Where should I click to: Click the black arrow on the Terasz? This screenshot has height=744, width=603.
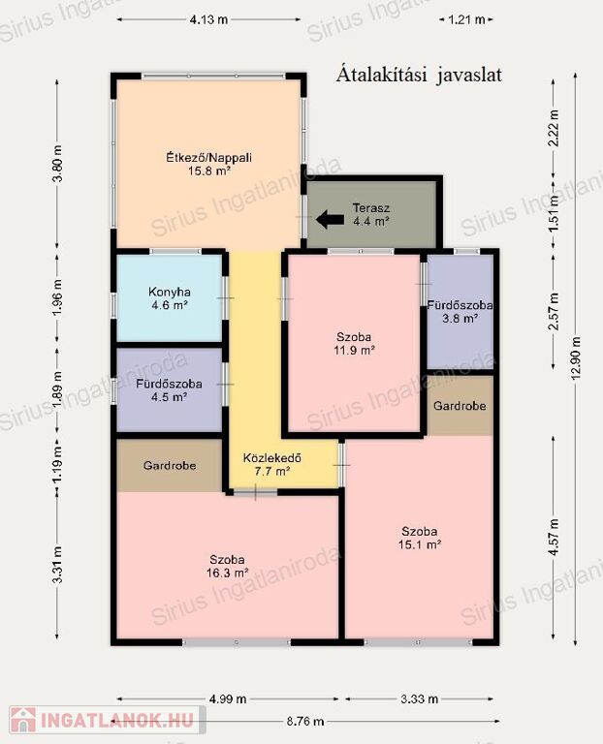click(x=330, y=219)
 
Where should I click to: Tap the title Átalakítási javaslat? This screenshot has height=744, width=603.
click(x=419, y=76)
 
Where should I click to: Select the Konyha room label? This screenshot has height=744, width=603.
click(x=170, y=292)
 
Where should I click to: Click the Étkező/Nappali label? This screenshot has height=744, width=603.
click(x=208, y=158)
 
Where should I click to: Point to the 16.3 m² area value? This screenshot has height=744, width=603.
click(x=228, y=573)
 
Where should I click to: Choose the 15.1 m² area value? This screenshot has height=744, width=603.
click(x=420, y=544)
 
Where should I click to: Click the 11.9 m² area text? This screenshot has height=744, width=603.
click(x=354, y=351)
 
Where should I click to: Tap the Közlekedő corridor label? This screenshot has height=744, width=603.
click(x=272, y=458)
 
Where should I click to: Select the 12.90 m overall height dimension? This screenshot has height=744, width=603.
click(x=576, y=358)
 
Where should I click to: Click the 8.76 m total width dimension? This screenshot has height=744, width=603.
click(x=305, y=722)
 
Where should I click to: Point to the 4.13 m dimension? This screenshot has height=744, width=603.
click(x=208, y=20)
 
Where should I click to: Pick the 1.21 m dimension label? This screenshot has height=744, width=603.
click(x=466, y=20)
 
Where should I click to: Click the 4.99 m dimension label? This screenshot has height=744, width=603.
click(x=228, y=698)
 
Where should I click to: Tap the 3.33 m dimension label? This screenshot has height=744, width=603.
click(x=419, y=698)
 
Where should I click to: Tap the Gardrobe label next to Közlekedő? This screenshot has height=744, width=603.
click(x=170, y=465)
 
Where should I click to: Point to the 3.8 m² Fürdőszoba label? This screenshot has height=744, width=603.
click(x=460, y=311)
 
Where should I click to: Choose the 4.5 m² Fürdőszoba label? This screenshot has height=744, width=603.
click(x=169, y=390)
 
